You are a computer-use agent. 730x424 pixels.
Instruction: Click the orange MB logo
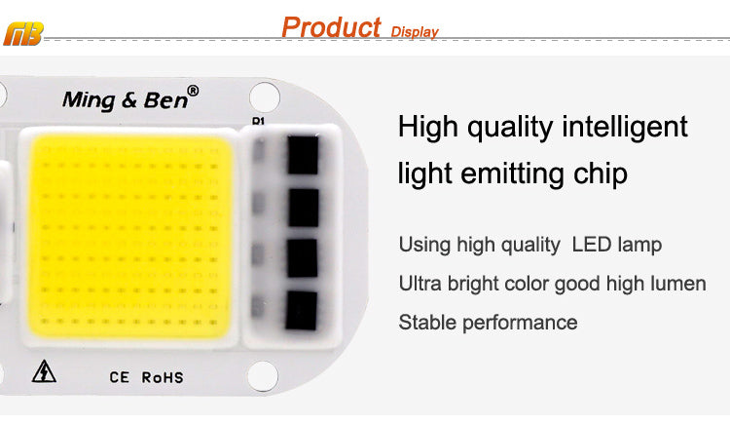(x=23, y=36)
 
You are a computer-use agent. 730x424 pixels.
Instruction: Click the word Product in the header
(x=331, y=26)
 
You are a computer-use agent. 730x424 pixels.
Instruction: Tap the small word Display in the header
(x=415, y=32)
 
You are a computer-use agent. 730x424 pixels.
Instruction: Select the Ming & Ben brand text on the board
(x=124, y=97)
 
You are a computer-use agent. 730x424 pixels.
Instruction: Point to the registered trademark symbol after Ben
(x=193, y=91)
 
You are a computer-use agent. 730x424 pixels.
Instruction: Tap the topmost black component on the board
(x=303, y=155)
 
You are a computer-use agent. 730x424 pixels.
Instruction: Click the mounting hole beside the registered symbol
(x=263, y=96)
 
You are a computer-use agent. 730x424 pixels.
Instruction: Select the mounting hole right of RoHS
(x=261, y=374)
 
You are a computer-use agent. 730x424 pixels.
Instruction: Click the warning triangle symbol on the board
(x=44, y=371)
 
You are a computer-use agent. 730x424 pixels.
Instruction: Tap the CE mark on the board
(x=120, y=377)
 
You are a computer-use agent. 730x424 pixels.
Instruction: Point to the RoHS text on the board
(x=162, y=377)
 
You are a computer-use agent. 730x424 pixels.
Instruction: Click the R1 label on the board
(x=258, y=122)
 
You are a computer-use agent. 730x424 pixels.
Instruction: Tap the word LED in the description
(x=590, y=244)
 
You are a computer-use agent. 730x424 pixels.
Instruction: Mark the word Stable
(x=428, y=323)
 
